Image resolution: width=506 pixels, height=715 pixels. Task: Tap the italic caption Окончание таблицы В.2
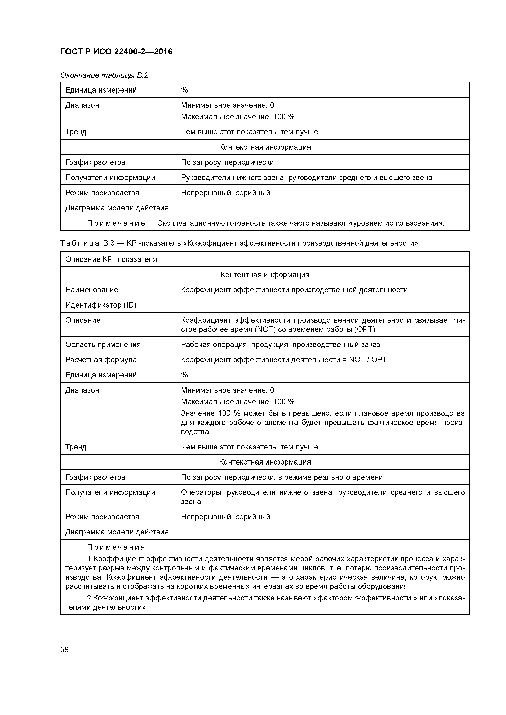104,75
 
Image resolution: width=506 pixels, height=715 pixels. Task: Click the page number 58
64,650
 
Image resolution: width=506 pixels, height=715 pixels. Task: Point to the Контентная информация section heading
265,274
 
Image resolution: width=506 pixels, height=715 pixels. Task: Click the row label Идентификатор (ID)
101,305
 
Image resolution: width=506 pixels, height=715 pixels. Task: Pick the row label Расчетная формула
101,360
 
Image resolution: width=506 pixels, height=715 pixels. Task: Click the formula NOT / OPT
368,360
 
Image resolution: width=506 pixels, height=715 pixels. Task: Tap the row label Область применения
103,344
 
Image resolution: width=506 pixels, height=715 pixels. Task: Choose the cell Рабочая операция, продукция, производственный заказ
280,344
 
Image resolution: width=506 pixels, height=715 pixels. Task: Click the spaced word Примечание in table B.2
116,223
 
